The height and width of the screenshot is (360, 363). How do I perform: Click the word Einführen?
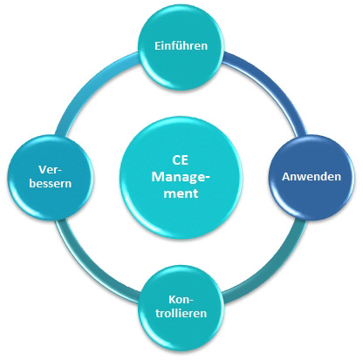click(x=181, y=46)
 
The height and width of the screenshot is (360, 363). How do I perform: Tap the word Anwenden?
click(x=312, y=176)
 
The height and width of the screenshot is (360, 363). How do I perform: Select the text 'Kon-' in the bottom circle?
click(x=181, y=299)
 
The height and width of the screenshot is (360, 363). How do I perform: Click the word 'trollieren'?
click(x=181, y=313)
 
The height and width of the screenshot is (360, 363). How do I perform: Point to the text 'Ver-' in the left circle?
click(x=50, y=170)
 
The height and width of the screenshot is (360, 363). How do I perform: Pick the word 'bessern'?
click(x=51, y=184)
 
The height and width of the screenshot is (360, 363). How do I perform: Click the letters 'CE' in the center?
click(x=180, y=160)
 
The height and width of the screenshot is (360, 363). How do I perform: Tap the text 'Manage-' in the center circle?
click(x=181, y=177)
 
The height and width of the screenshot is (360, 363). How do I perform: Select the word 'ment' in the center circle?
click(x=181, y=194)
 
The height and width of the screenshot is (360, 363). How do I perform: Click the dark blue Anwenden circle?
click(x=312, y=177)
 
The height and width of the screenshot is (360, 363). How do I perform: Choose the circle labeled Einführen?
click(x=181, y=46)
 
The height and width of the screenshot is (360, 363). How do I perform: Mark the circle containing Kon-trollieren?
click(x=181, y=308)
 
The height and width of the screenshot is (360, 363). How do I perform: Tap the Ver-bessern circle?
click(x=51, y=177)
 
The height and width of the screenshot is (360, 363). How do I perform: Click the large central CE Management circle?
click(x=181, y=177)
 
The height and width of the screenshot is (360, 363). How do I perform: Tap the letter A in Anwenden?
click(x=285, y=177)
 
